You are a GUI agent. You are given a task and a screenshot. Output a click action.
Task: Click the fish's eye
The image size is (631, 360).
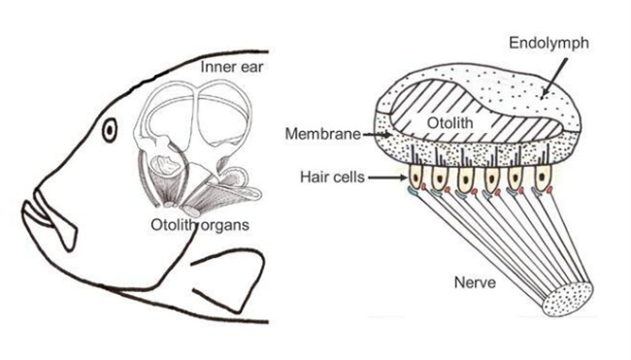coord(110,130)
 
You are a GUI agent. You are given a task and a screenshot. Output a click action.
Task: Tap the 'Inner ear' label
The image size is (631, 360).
coord(232,67)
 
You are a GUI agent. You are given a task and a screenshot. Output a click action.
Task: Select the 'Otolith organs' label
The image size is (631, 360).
coord(200,225)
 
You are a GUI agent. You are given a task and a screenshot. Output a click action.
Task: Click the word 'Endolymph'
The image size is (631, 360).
coord(548,43)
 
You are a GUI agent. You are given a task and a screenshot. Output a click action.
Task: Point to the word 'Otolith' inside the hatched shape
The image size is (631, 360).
coord(449,122)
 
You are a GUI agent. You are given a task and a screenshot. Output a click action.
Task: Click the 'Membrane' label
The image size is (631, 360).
coord(322,134)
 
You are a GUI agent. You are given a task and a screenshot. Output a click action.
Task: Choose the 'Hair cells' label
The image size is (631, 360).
coord(332,177)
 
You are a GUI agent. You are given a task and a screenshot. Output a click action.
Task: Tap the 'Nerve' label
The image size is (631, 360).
coord(475,282)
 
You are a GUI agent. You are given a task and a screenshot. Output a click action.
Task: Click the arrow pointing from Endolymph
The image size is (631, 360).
coord(554,79)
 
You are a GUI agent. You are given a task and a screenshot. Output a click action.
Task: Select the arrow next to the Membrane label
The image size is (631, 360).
coord(377,134)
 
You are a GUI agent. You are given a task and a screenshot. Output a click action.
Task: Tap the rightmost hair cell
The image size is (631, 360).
coord(543,177)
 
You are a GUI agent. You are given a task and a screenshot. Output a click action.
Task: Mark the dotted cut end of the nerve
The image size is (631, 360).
coord(568,299)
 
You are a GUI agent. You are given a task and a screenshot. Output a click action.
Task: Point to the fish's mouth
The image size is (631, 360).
coord(49,217)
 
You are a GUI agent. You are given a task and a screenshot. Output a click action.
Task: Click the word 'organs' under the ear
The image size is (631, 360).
coord(225,226)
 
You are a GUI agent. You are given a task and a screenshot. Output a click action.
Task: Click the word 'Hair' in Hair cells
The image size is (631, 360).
coord(315,177)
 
